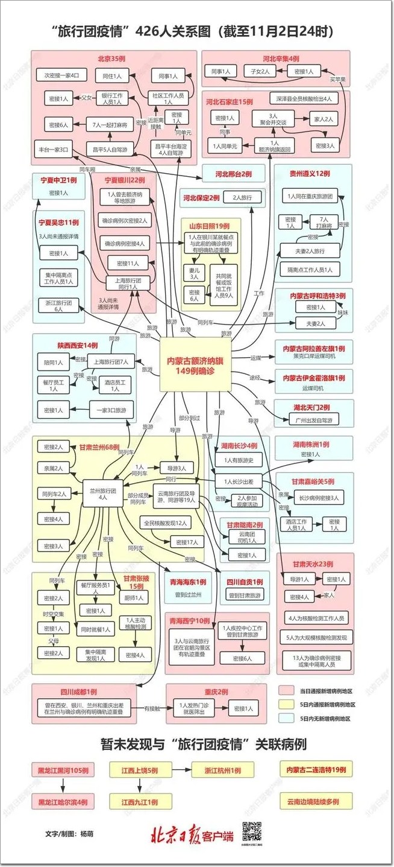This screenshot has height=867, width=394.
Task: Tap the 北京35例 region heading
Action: pos(114,59)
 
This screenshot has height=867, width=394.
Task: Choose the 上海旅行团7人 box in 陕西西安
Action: pos(111,363)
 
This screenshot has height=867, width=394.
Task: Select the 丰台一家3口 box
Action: pos(54,148)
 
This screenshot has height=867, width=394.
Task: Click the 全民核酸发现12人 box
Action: pos(166,522)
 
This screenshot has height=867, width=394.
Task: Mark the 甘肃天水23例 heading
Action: pos(313,564)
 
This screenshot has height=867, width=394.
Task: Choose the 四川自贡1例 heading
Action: pos(245,582)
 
